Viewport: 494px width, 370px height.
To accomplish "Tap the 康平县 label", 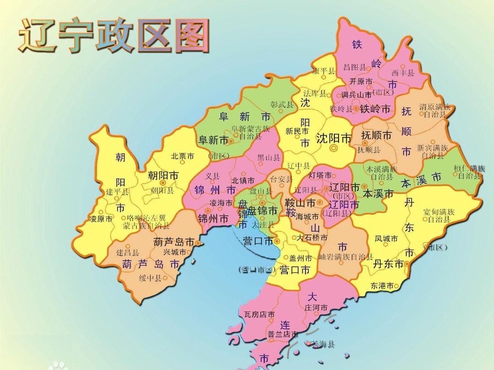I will (323, 71).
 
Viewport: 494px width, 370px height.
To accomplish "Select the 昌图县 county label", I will (354, 67).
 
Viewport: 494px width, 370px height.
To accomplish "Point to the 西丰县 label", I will (403, 73).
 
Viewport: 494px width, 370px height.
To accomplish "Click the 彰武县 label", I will (282, 105).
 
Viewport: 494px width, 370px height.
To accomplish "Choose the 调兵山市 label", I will (356, 95).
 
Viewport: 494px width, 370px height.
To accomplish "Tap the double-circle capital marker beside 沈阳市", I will (334, 148).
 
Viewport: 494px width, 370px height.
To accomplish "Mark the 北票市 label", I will (183, 156).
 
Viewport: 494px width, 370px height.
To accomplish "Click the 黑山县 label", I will (268, 158).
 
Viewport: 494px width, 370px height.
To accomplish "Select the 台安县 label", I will (281, 179).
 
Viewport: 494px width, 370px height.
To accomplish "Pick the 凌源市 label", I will (101, 219).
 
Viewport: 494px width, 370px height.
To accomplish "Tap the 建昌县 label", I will (127, 253).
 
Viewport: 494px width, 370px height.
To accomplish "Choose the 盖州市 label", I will (301, 258).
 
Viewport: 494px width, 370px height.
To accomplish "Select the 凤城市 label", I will (386, 238).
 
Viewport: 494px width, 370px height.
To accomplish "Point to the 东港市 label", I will (382, 286).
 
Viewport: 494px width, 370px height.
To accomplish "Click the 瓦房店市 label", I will (259, 315).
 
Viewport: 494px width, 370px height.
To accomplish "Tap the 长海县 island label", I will (323, 344).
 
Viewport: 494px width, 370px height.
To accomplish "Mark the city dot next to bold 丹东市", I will (406, 264).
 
